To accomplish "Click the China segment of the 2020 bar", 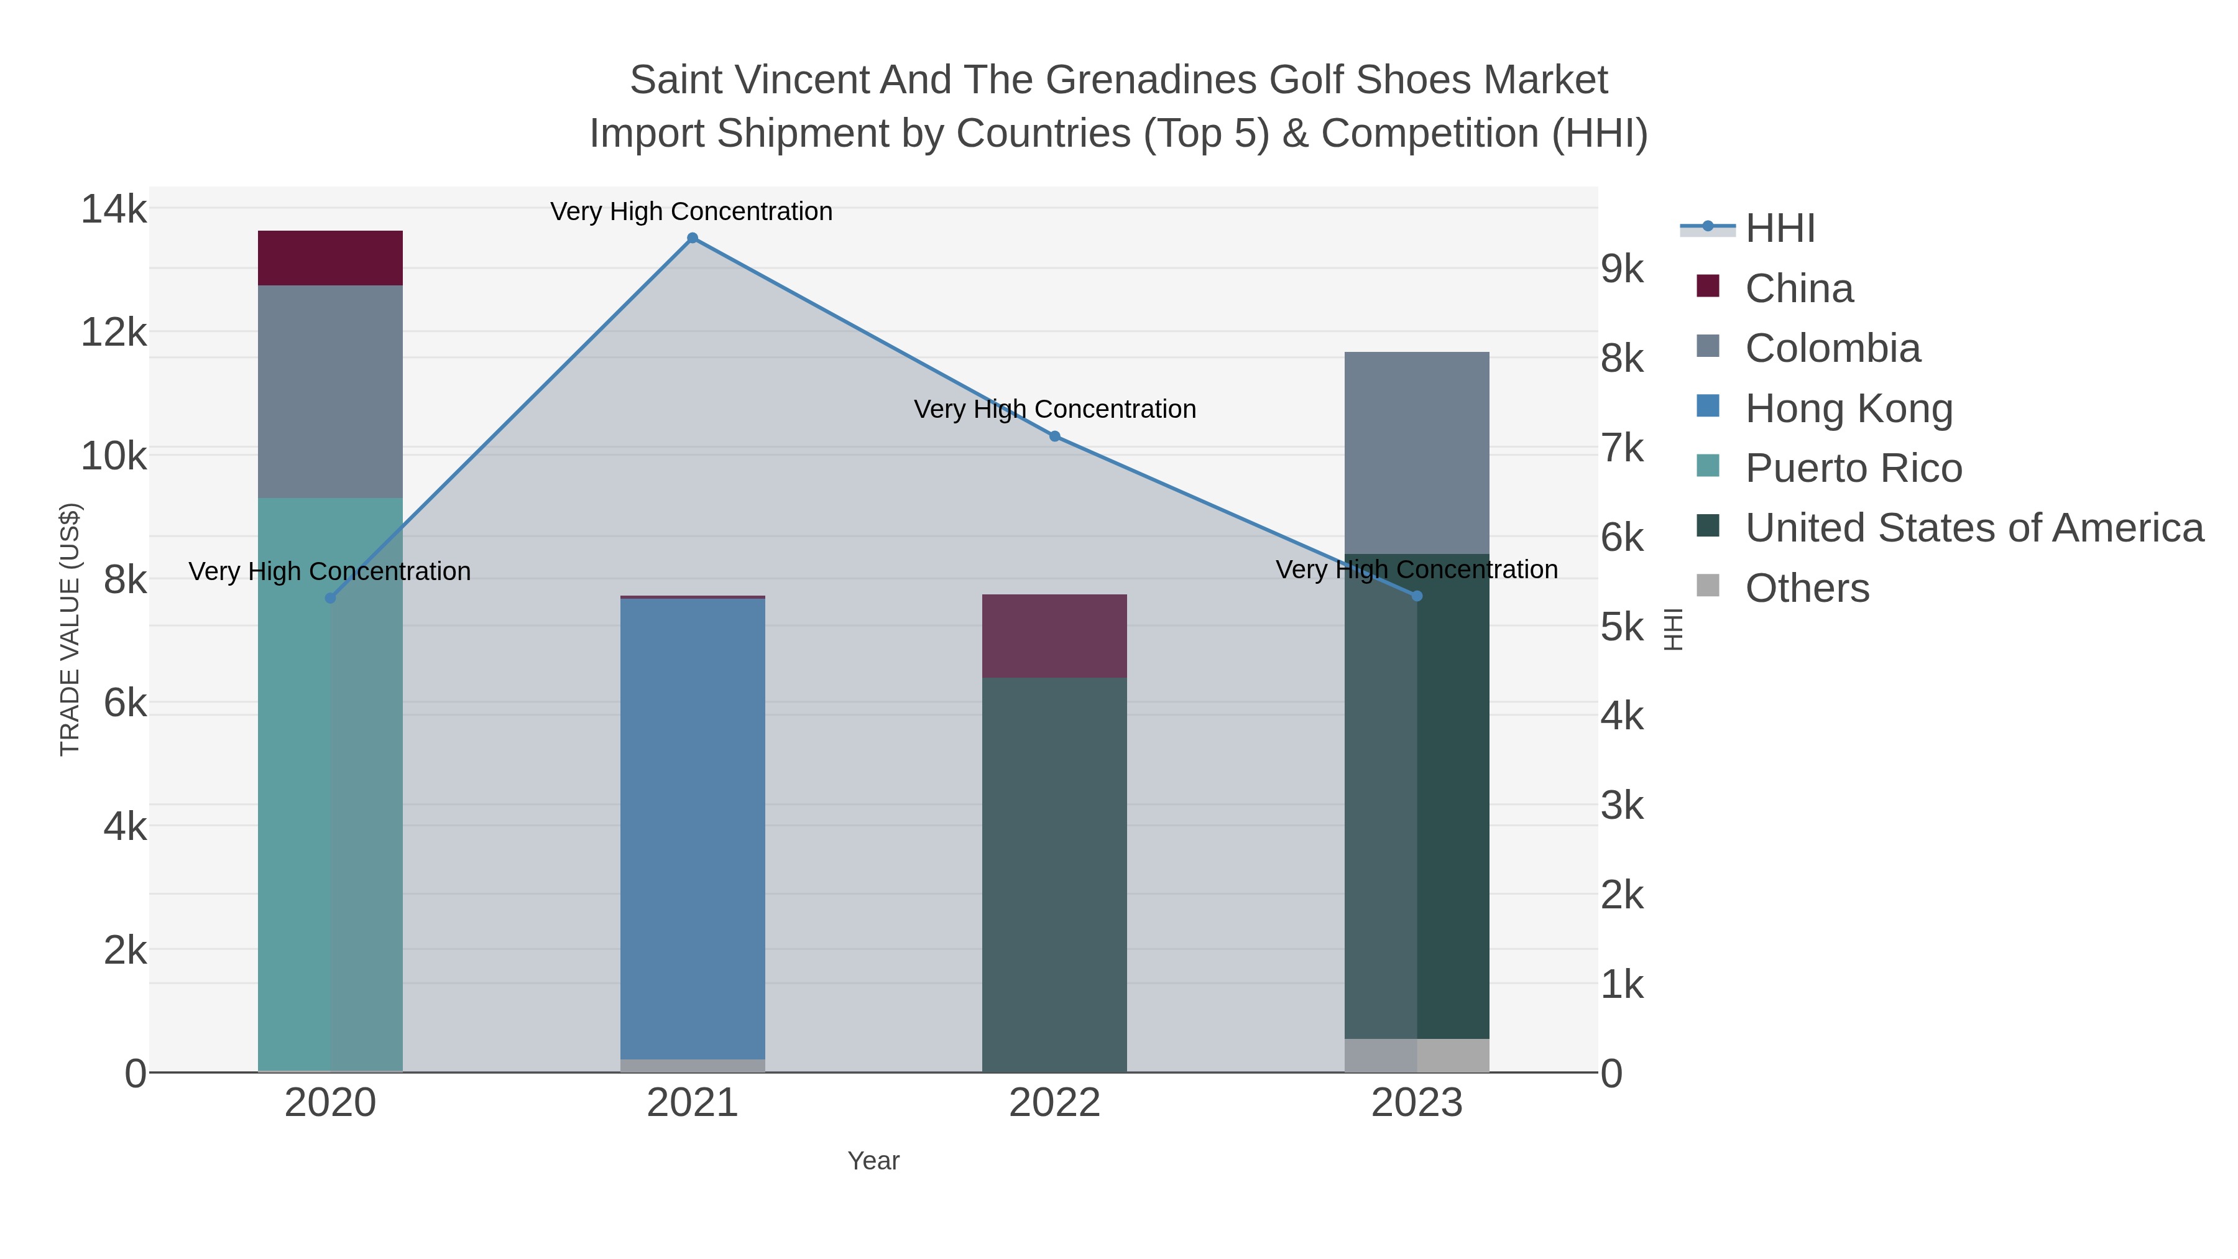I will pyautogui.click(x=330, y=258).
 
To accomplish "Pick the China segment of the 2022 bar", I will pyautogui.click(x=1054, y=636).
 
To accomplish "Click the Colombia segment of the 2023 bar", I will pyautogui.click(x=1416, y=453).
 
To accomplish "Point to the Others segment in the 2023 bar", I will pyautogui.click(x=1416, y=1055).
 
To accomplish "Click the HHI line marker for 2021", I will pyautogui.click(x=693, y=238).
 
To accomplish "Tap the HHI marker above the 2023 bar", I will pyautogui.click(x=1417, y=596).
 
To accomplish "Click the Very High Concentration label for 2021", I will pyautogui.click(x=691, y=211).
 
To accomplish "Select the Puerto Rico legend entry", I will pyautogui.click(x=1853, y=468).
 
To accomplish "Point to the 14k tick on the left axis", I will pyautogui.click(x=114, y=210).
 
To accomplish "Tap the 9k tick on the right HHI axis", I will pyautogui.click(x=1622, y=269).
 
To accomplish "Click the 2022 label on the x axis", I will pyautogui.click(x=1054, y=1102).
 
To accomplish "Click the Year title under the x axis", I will pyautogui.click(x=873, y=1160).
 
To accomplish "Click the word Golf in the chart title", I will pyautogui.click(x=1305, y=80).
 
